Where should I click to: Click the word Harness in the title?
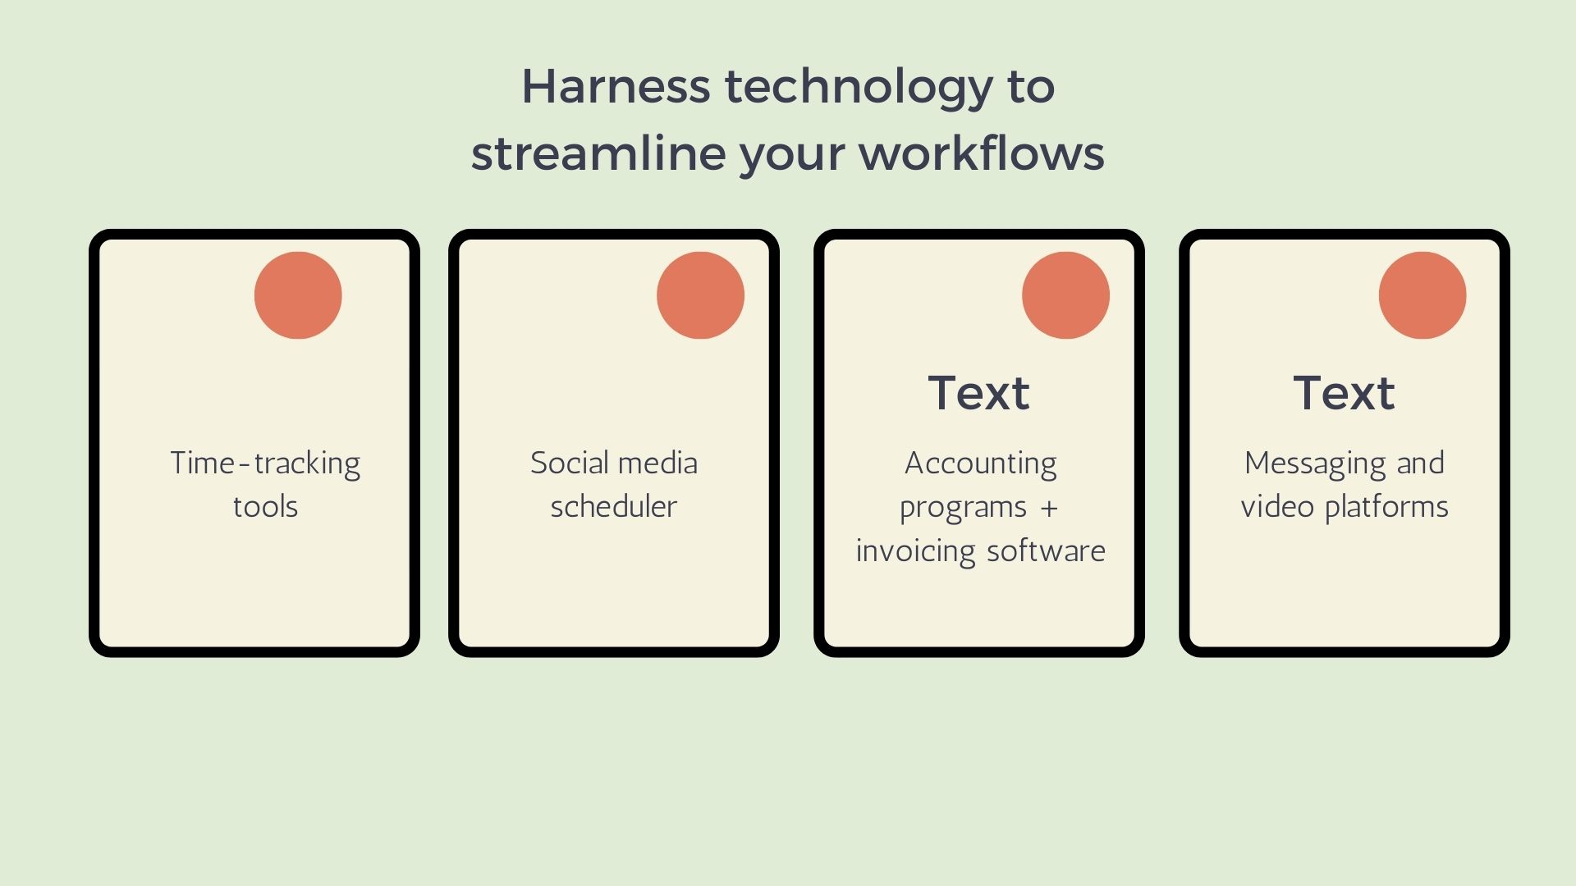pos(616,86)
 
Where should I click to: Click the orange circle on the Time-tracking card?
pos(298,295)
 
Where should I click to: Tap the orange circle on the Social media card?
pos(700,295)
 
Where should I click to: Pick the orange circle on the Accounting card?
pos(1065,295)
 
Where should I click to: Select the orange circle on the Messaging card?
pos(1423,295)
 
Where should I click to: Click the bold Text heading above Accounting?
pos(978,393)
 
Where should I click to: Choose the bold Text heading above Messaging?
pos(1344,393)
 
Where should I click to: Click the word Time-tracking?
pos(265,464)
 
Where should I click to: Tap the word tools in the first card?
pos(265,507)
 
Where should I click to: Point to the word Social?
pos(567,463)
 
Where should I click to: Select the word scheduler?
pos(614,507)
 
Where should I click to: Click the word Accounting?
pos(981,464)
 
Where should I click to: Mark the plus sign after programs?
pos(1049,509)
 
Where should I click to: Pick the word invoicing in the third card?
pos(915,551)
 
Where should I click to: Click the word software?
pos(1046,550)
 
